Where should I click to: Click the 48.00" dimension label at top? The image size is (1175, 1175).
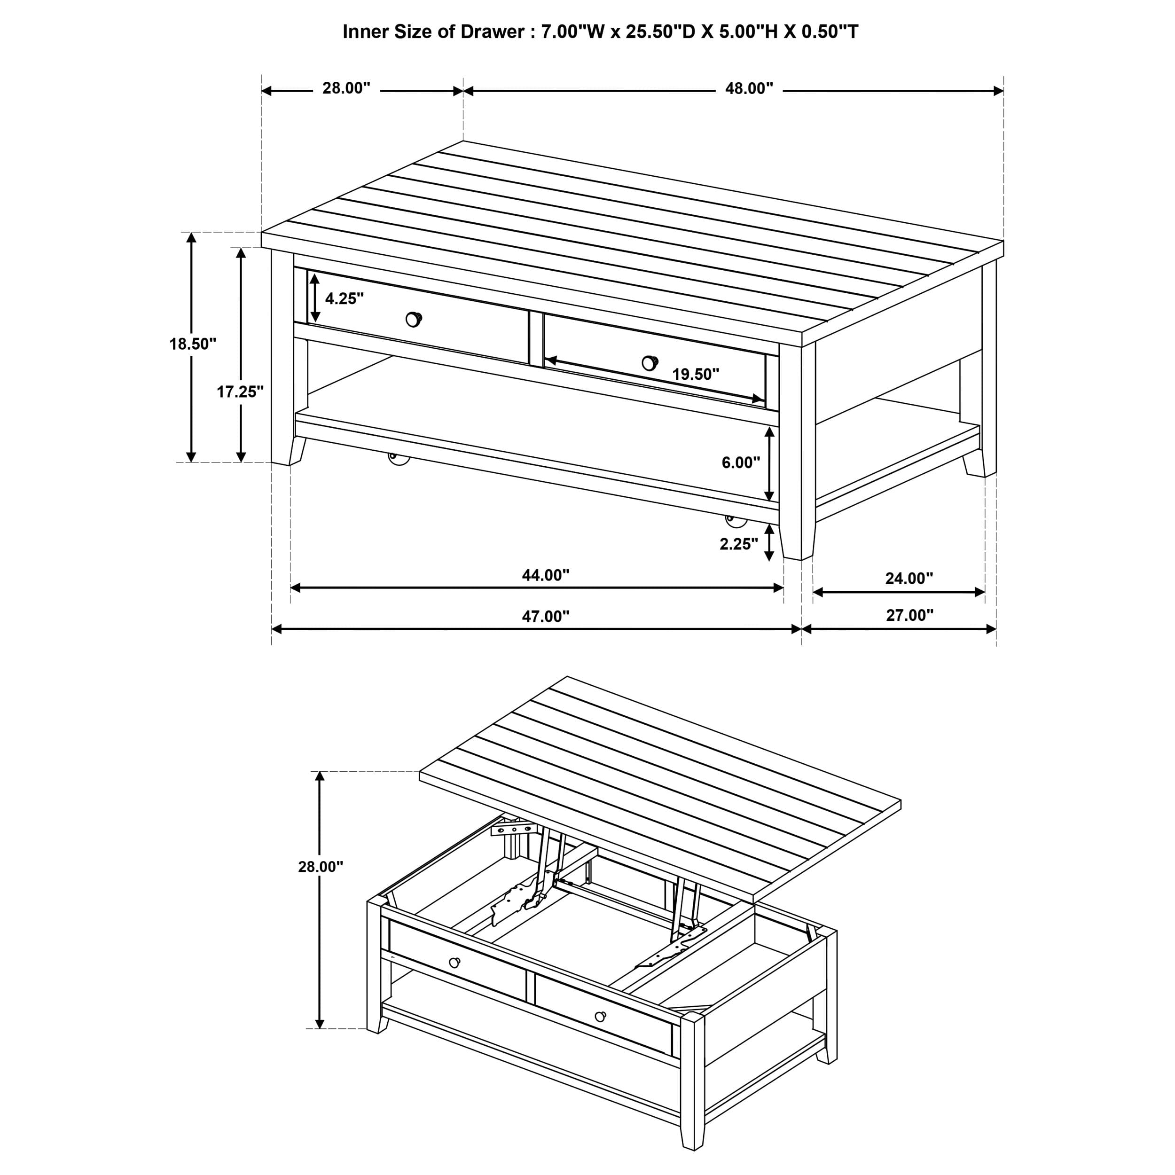749,89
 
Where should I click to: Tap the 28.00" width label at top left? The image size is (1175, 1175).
346,89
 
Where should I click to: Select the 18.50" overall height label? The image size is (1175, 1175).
193,344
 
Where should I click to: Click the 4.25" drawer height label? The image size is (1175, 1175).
344,298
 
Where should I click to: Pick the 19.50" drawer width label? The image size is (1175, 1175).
695,375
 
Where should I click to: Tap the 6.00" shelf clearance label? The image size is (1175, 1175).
741,463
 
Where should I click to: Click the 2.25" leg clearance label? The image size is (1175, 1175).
739,544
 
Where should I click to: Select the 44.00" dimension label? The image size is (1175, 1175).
546,575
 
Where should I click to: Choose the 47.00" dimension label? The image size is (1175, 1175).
546,617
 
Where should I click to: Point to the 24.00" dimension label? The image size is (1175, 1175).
909,579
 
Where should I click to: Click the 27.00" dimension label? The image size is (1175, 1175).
909,616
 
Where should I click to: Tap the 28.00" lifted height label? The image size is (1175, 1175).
321,867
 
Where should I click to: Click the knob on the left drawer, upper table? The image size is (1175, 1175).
414,319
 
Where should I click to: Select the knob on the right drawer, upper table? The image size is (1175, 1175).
650,363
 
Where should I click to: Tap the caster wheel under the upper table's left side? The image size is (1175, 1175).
399,458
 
